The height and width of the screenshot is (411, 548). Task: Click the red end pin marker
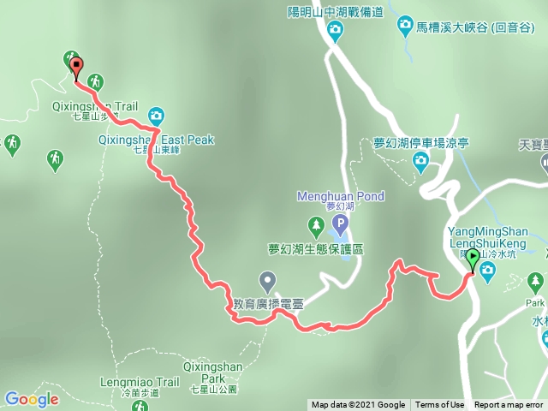pos(76,67)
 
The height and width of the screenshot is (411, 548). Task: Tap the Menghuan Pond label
pos(340,196)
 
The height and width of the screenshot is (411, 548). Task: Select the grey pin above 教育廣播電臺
pos(267,279)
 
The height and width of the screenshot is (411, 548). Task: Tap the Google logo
pos(32,399)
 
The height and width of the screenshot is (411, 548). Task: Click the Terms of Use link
pos(440,405)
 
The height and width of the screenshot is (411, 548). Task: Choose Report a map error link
pos(509,405)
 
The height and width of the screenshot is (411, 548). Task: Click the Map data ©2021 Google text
pos(358,405)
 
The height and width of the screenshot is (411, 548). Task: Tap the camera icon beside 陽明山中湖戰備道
pos(336,33)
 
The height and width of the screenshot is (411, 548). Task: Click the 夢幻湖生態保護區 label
pos(316,249)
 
